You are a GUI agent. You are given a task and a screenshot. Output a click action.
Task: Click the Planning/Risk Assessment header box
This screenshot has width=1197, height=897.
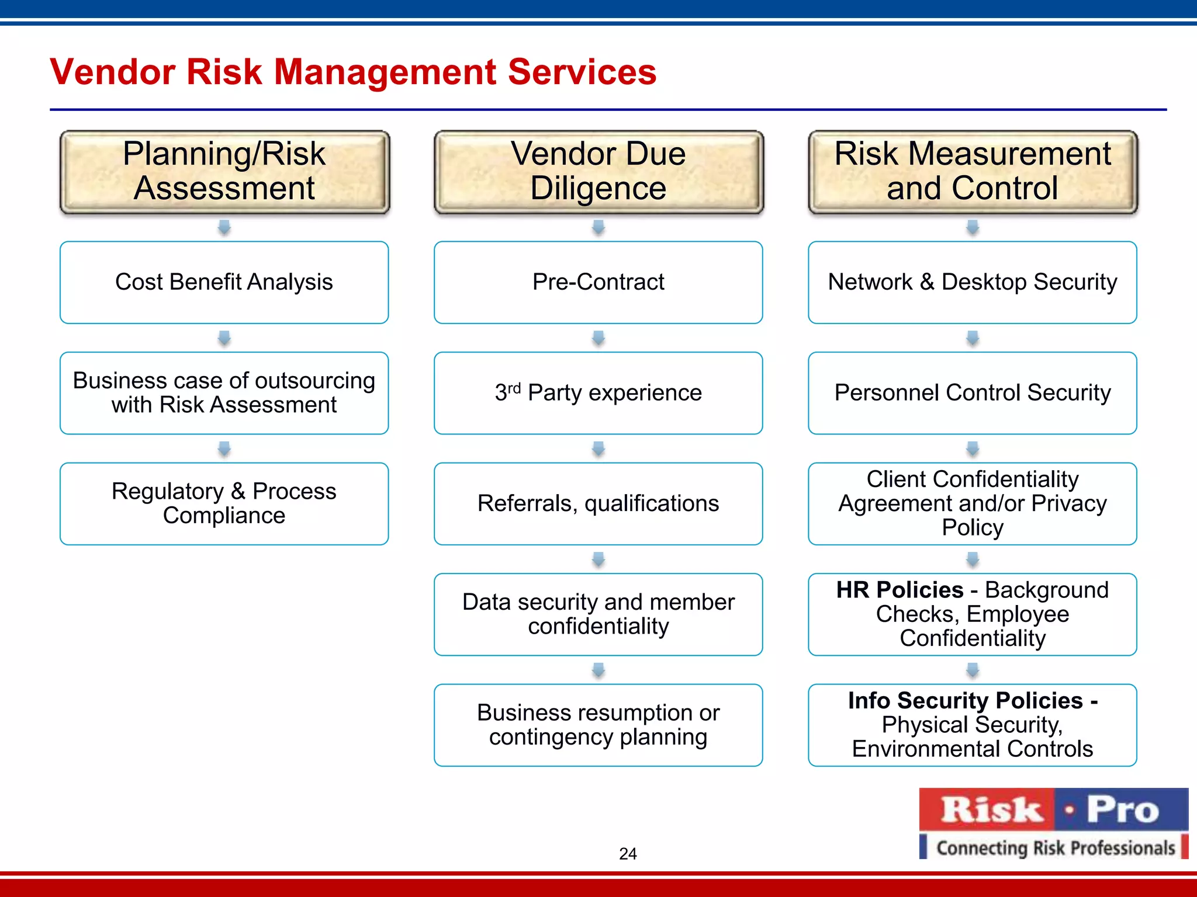(x=224, y=172)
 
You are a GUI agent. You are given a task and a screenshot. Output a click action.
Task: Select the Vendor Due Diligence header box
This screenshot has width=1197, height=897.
(x=598, y=172)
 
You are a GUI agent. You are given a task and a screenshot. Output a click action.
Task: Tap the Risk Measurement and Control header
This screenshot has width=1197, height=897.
(x=973, y=172)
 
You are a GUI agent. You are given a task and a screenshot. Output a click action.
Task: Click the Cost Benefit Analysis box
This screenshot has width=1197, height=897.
(x=224, y=282)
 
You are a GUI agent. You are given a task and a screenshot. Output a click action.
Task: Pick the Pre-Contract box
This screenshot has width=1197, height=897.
(x=598, y=282)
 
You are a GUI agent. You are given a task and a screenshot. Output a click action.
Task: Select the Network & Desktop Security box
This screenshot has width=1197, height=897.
(x=973, y=282)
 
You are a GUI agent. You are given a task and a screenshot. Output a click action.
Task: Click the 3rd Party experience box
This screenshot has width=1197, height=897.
(x=598, y=393)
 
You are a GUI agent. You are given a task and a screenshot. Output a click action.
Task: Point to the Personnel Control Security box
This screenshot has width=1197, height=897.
(x=973, y=393)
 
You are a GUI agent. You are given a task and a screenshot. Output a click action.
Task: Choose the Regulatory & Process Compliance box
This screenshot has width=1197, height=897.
(x=224, y=503)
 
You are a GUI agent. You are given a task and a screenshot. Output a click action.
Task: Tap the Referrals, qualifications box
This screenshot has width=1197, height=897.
(x=598, y=503)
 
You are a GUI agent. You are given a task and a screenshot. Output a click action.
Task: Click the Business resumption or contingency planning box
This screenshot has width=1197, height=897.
(x=598, y=725)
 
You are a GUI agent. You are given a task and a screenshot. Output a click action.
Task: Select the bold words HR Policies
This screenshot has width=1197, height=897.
(x=900, y=590)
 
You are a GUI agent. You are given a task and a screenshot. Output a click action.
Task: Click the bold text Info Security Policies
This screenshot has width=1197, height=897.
(x=966, y=701)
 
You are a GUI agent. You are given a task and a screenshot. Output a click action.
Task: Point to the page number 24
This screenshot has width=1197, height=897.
(x=628, y=854)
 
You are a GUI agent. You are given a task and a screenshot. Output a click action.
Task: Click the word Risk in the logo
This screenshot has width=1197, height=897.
(x=991, y=810)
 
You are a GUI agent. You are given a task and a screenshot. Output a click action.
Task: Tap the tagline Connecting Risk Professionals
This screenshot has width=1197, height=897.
(x=1055, y=847)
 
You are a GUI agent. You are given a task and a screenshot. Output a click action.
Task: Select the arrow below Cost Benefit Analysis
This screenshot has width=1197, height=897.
(x=224, y=338)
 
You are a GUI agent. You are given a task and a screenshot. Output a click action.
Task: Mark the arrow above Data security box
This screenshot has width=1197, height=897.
(x=598, y=559)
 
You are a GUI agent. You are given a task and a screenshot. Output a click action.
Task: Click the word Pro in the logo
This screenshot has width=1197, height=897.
(x=1122, y=810)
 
